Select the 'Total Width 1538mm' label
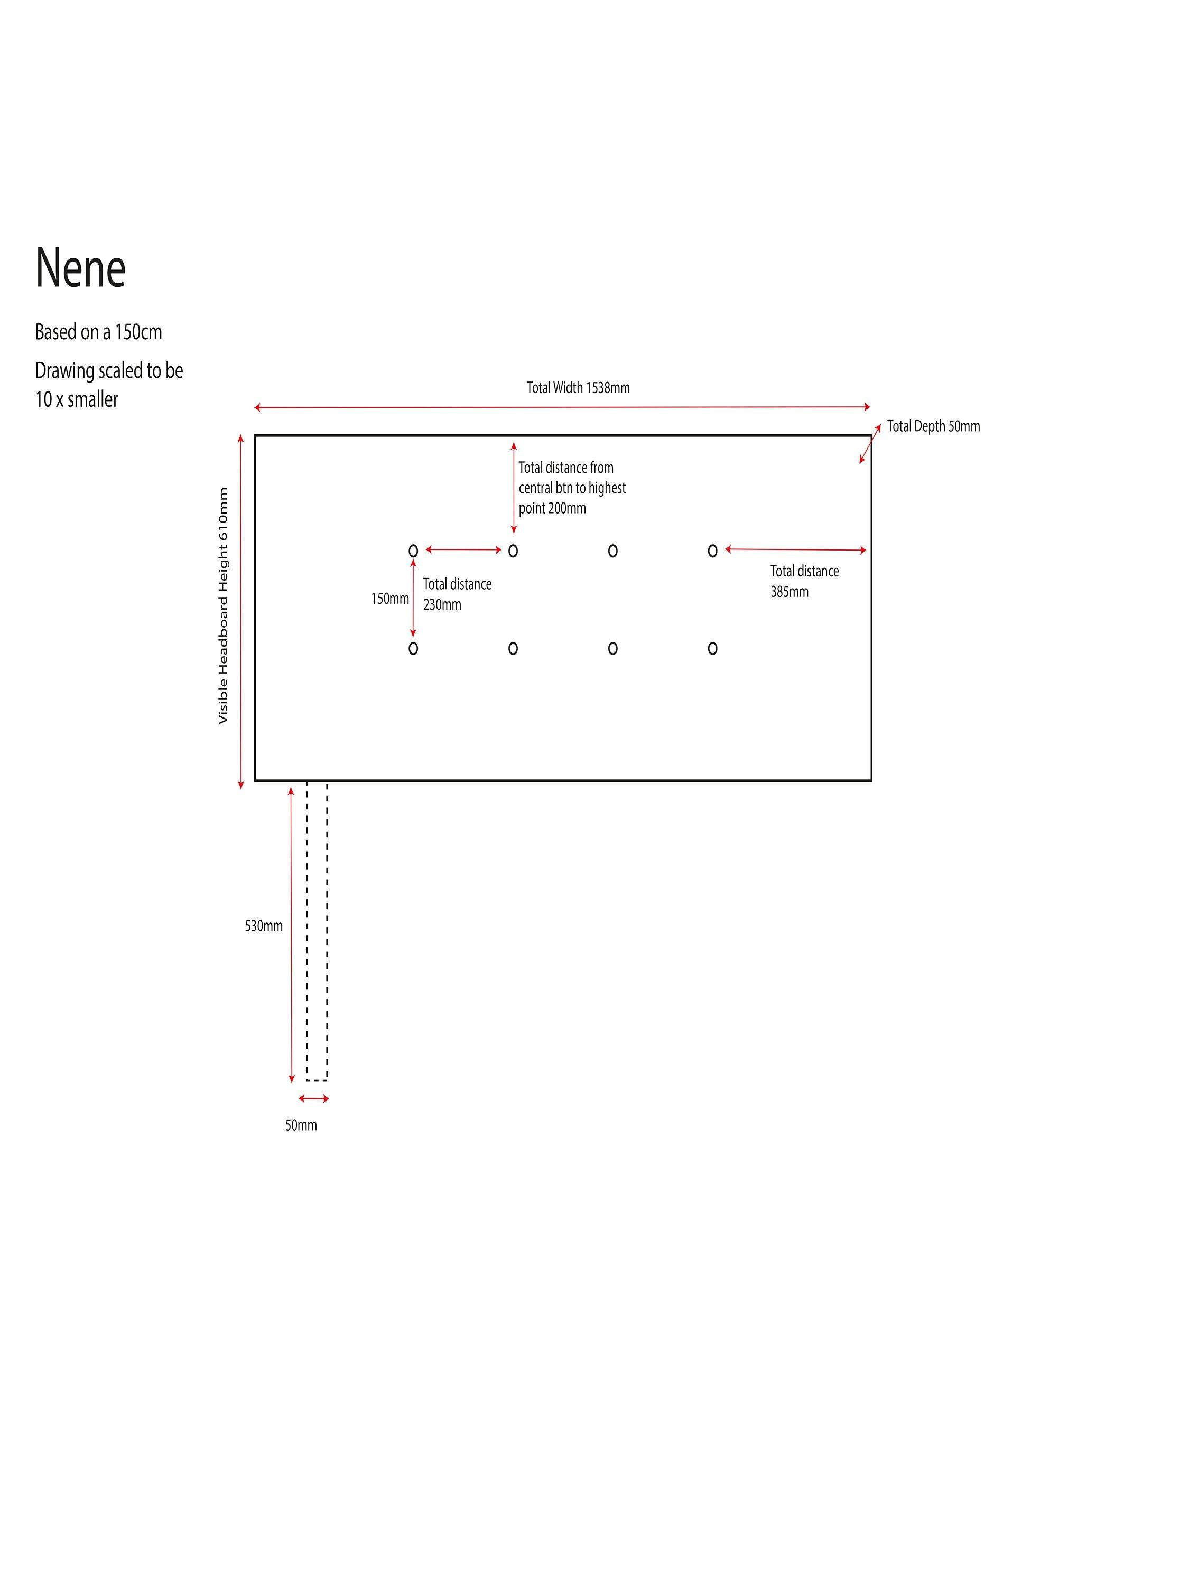(578, 388)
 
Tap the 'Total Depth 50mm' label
(933, 426)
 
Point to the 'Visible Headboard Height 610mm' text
(223, 605)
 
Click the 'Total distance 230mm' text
(457, 594)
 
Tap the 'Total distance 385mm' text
(804, 581)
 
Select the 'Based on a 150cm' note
(99, 332)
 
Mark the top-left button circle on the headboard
(413, 551)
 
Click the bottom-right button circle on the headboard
(712, 648)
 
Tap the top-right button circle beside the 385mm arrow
(712, 551)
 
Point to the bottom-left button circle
(413, 648)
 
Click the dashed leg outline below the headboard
(317, 931)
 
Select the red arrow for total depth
(870, 444)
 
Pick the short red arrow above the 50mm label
(314, 1098)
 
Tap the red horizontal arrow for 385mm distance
(795, 549)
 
